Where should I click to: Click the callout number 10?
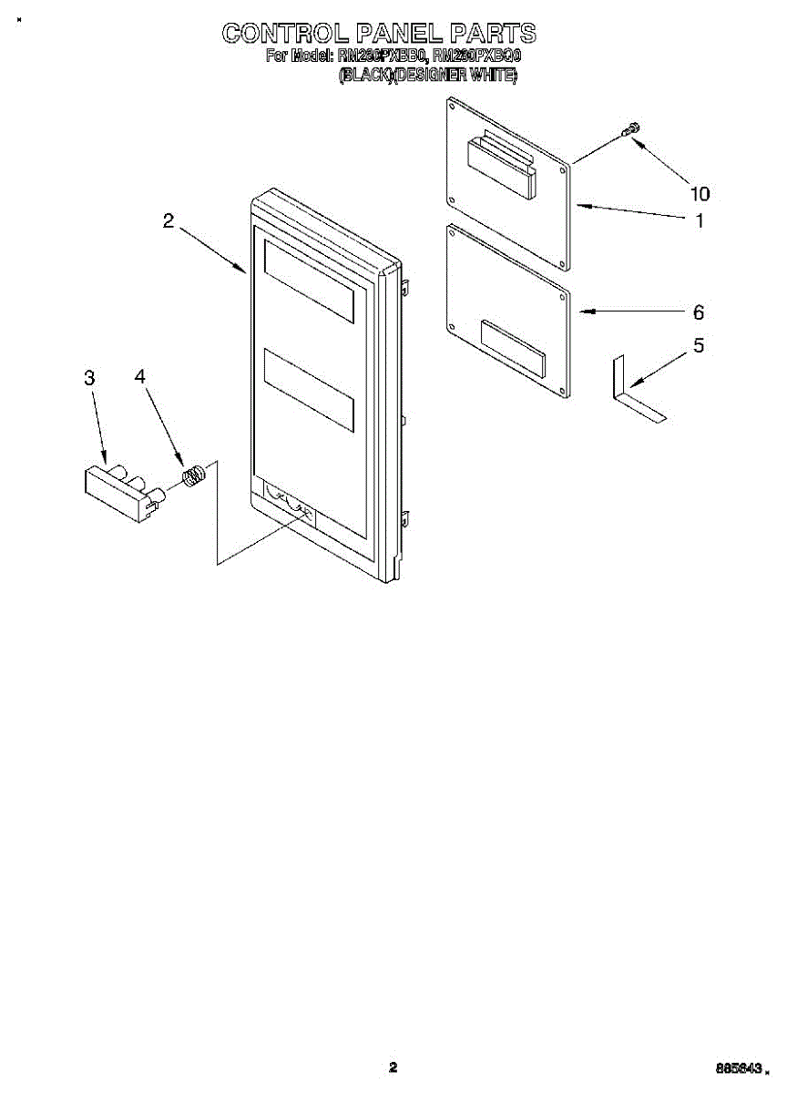700,193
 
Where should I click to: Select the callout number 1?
700,220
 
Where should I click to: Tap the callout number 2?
169,220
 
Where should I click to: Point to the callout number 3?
89,378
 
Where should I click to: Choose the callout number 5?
699,346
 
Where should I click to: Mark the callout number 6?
699,312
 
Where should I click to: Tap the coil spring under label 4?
192,476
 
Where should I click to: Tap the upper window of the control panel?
308,280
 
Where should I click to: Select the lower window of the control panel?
308,389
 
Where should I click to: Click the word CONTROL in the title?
284,34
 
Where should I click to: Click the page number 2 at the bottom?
393,1067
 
